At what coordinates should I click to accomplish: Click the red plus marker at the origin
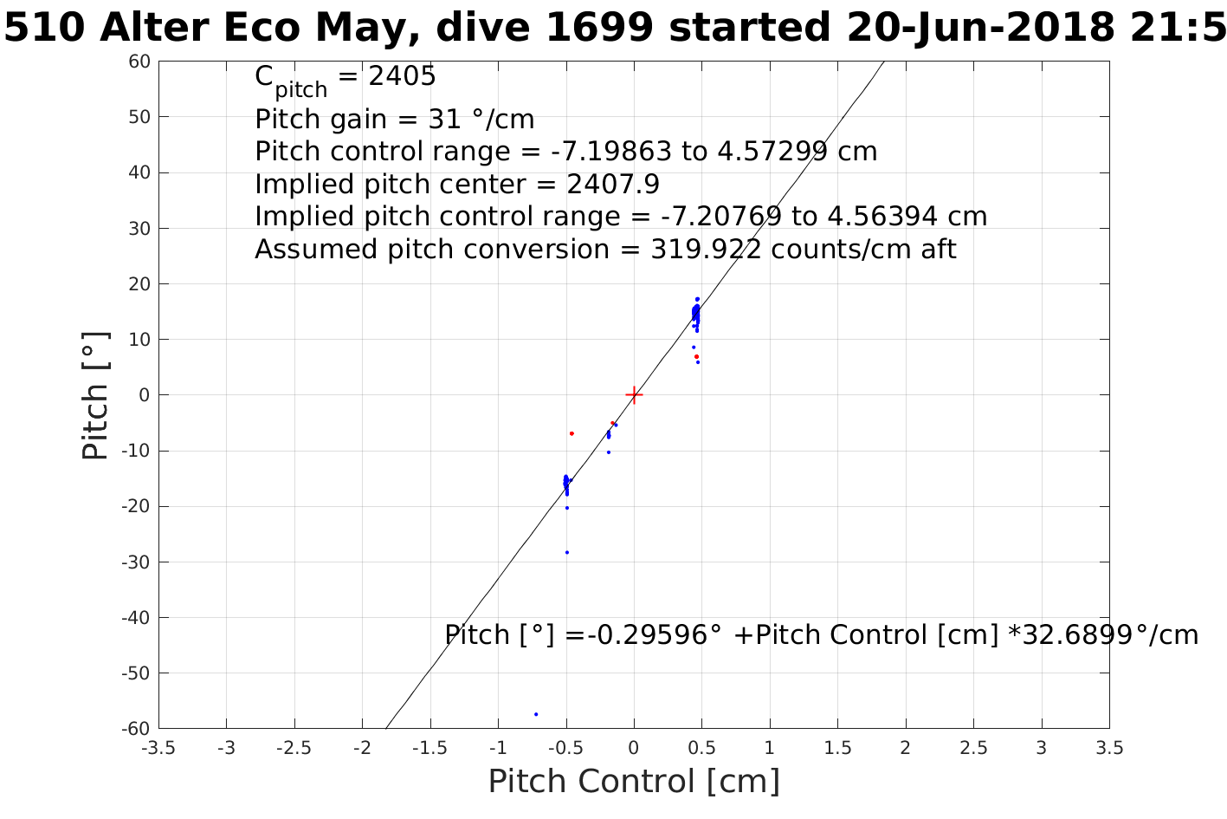(x=634, y=395)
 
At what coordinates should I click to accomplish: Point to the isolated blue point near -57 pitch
(x=536, y=714)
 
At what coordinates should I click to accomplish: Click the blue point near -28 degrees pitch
(x=567, y=552)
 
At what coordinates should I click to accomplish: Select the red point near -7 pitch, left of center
(x=572, y=433)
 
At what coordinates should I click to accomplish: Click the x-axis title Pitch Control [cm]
(x=634, y=782)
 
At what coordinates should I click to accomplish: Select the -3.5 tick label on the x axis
(x=158, y=748)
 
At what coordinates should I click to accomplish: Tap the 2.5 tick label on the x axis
(x=973, y=748)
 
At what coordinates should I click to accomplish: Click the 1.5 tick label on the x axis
(x=837, y=748)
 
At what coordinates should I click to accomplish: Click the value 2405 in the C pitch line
(x=403, y=77)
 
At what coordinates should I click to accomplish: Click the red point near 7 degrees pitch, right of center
(x=696, y=356)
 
